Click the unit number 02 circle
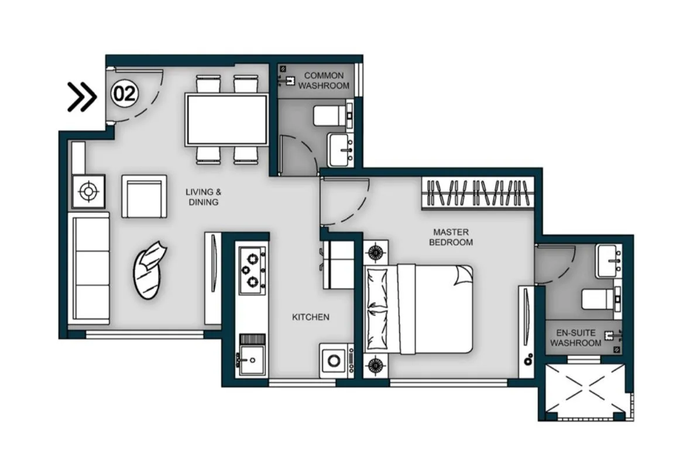[124, 94]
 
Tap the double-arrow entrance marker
[81, 96]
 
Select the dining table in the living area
[227, 120]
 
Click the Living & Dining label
[203, 197]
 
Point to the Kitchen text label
[311, 317]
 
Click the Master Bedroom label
[451, 237]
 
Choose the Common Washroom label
[324, 81]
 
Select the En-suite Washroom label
[575, 338]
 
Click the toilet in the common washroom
[331, 115]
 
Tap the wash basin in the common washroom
[340, 150]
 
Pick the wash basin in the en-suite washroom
[609, 261]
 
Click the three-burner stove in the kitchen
[252, 269]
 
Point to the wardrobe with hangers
[477, 193]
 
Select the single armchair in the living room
[144, 196]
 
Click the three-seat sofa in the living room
[90, 268]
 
